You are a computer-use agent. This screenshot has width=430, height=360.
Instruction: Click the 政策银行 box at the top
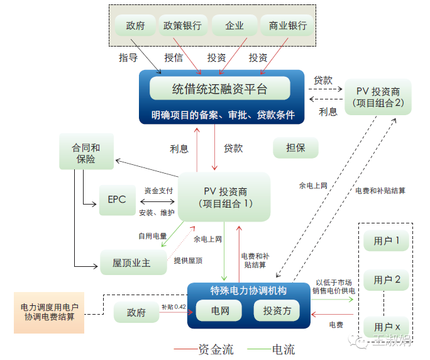[x=182, y=26]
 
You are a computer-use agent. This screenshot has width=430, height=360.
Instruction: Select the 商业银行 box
[x=287, y=26]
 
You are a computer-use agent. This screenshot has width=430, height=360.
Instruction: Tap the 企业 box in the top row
[x=234, y=26]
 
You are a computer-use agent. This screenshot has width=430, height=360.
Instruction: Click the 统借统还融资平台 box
[x=219, y=89]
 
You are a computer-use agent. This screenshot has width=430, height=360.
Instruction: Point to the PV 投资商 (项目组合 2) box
[x=378, y=97]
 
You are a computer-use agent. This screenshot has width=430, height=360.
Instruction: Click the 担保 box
[x=295, y=149]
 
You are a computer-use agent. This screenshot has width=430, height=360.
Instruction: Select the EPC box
[x=117, y=200]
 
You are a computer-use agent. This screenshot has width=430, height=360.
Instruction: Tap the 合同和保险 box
[x=86, y=152]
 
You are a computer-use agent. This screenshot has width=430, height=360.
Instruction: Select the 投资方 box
[x=277, y=311]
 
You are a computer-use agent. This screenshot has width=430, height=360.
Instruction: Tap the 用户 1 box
[x=387, y=240]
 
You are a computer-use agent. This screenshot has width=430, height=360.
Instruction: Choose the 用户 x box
[x=387, y=327]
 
